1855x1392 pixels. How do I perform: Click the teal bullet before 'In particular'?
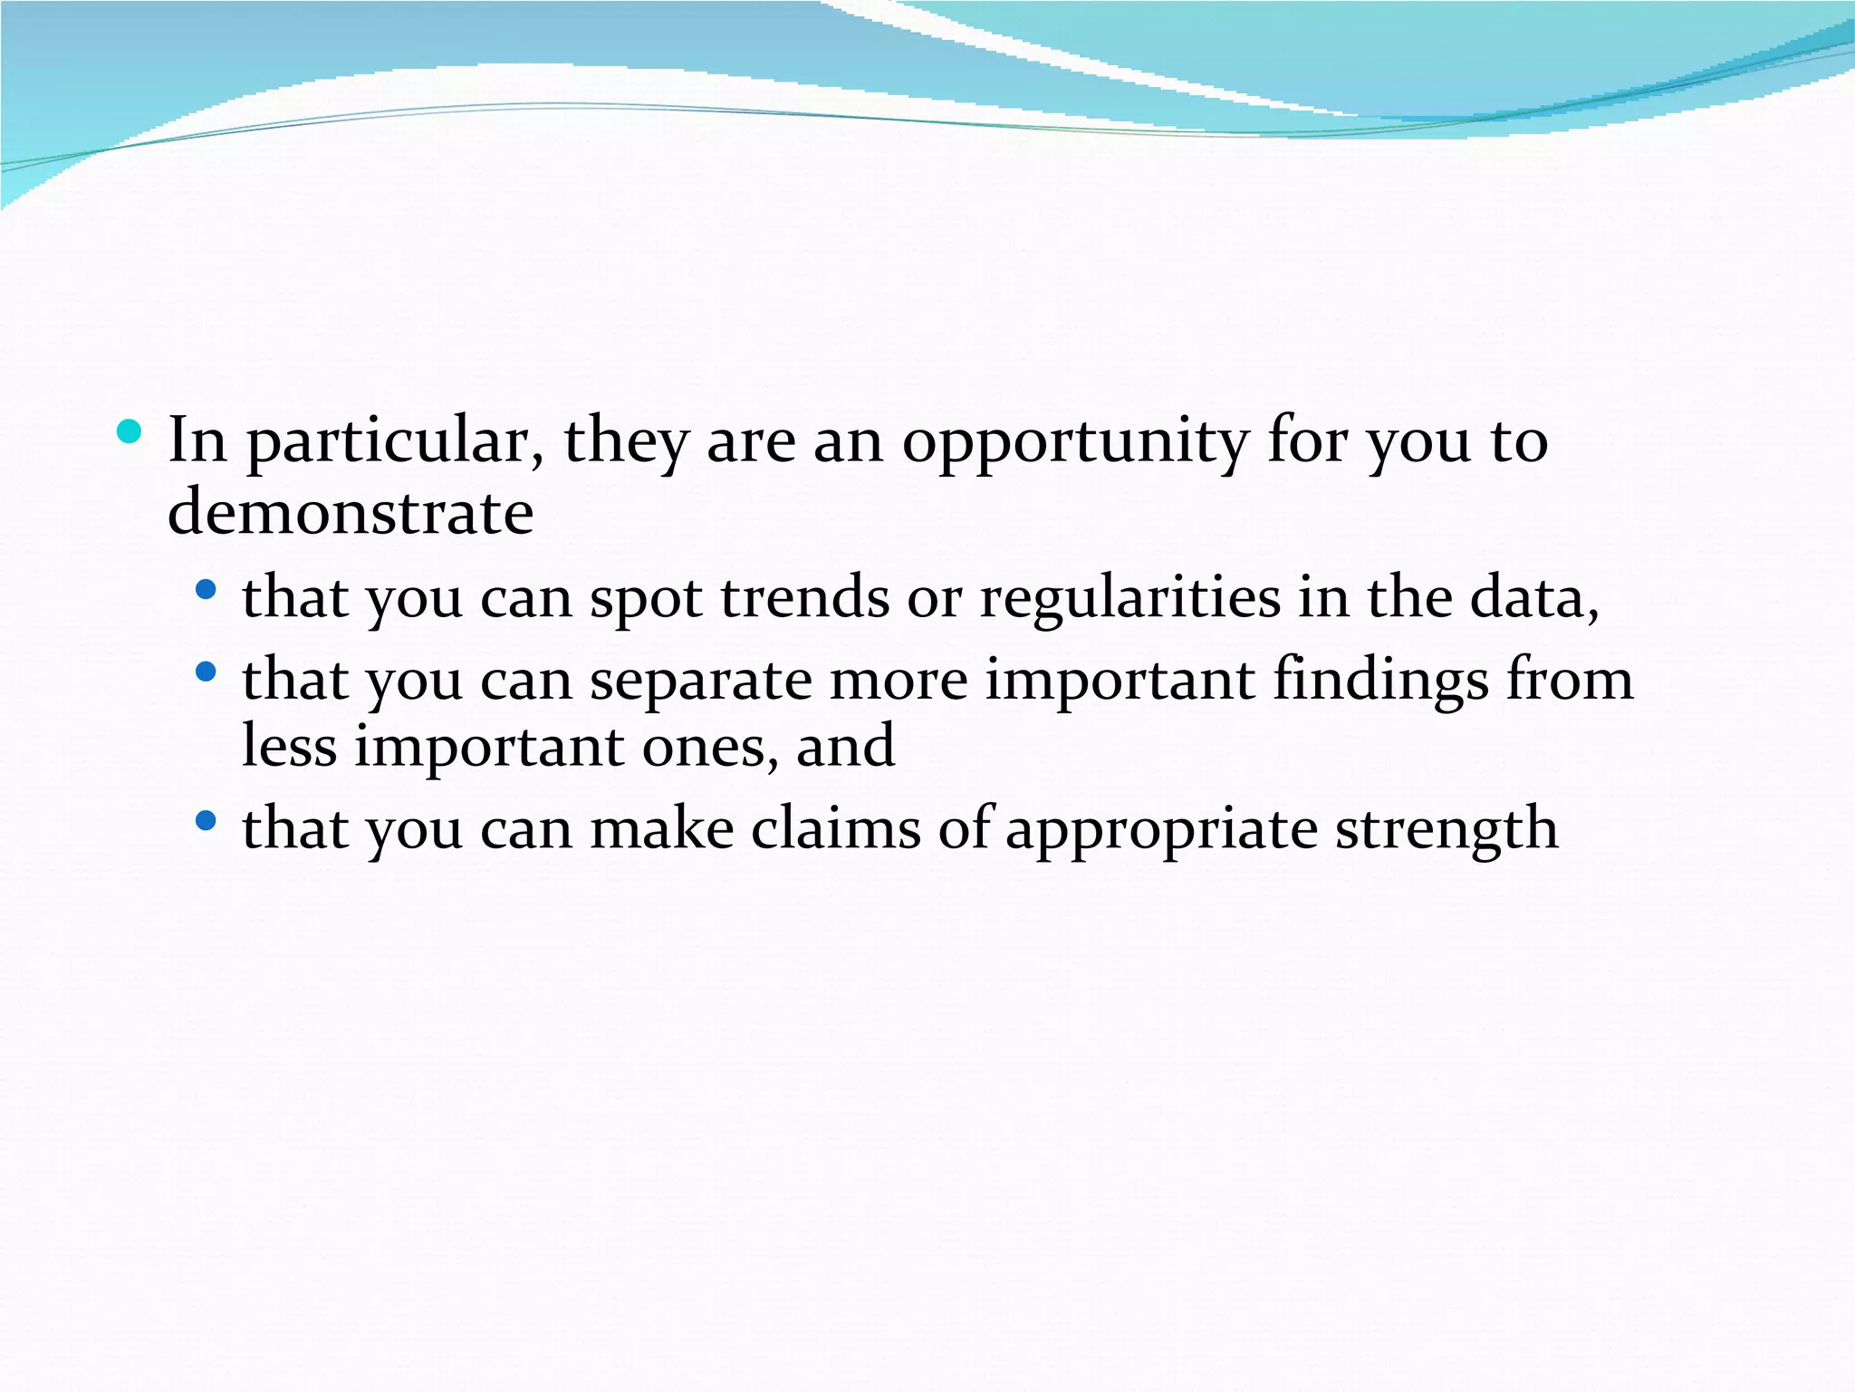point(130,432)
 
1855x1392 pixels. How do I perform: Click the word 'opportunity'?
point(1074,443)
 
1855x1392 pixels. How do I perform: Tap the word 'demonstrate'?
point(351,513)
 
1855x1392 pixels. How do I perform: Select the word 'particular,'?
point(396,443)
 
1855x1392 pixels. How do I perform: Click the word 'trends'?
point(804,598)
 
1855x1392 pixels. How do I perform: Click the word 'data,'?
point(1534,598)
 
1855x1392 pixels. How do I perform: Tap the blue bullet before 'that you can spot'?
point(207,590)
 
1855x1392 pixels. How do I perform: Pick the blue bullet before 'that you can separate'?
point(207,672)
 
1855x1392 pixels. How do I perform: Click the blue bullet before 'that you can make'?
point(207,821)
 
